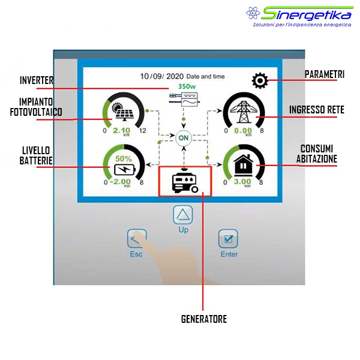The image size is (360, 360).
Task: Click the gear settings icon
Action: (260, 80)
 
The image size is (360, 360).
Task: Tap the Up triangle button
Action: (183, 215)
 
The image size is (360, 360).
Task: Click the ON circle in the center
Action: (184, 138)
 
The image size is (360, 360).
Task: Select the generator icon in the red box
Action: (185, 181)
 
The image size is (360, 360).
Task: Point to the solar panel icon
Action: (122, 112)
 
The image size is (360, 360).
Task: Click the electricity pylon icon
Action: (244, 112)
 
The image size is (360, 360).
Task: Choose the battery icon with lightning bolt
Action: (125, 169)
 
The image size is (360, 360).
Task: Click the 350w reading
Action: (187, 86)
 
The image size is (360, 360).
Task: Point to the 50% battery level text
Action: (124, 158)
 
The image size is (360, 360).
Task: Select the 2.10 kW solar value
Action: (121, 131)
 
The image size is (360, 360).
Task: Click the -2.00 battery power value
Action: (121, 182)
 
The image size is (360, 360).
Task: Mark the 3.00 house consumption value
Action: (242, 182)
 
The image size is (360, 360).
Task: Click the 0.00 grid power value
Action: (243, 131)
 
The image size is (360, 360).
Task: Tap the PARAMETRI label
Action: (325, 74)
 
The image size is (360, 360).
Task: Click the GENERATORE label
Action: (204, 319)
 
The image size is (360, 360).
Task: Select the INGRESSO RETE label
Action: (317, 110)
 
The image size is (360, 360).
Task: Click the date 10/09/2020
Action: (161, 76)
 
